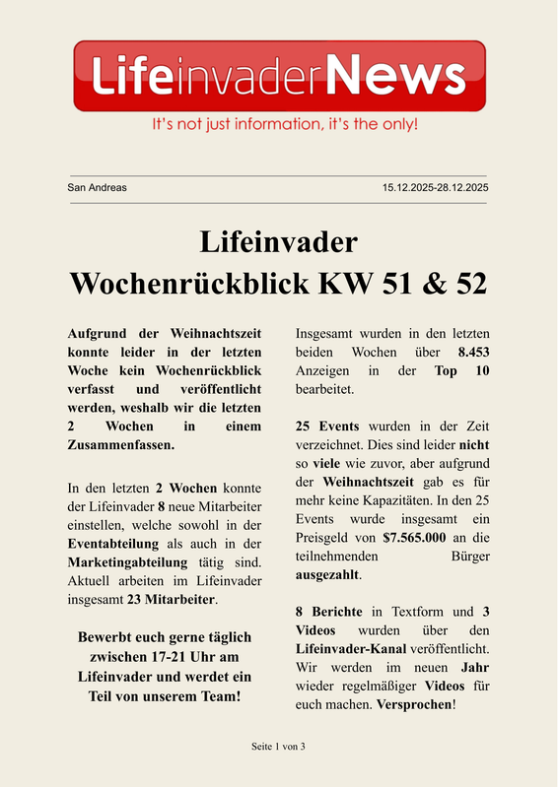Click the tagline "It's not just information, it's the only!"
click(285, 125)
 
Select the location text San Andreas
click(97, 187)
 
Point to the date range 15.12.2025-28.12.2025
click(436, 187)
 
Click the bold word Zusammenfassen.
click(121, 445)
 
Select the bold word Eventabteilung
click(114, 543)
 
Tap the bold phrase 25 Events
click(329, 426)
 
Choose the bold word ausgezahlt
click(328, 574)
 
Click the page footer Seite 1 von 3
click(279, 747)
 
